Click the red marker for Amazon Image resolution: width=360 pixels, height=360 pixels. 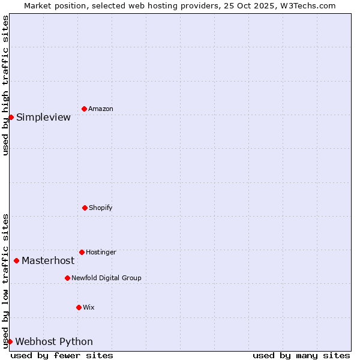tap(84, 109)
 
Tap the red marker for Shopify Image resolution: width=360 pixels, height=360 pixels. tap(85, 208)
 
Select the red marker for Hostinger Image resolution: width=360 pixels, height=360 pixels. tap(82, 252)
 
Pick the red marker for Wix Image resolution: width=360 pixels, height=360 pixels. tap(79, 307)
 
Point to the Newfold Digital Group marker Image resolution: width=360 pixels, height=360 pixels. tap(67, 278)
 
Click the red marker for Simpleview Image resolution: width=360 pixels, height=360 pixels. tap(11, 117)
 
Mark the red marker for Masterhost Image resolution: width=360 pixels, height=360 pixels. tap(16, 260)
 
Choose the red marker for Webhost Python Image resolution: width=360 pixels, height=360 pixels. tap(10, 341)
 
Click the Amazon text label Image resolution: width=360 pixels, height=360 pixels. tap(101, 109)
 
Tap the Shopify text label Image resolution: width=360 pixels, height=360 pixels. tap(101, 208)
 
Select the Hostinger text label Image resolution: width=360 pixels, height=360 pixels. tap(101, 253)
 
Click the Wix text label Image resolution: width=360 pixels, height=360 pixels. tap(89, 308)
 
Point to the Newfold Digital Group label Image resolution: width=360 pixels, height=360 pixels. tap(106, 278)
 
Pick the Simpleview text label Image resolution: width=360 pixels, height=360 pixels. tap(43, 118)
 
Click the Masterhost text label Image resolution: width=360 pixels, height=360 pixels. tap(48, 261)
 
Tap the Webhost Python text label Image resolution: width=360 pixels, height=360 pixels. tap(54, 342)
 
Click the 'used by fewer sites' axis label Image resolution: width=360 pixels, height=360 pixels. tap(62, 356)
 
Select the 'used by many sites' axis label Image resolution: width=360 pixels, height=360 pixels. tap(301, 356)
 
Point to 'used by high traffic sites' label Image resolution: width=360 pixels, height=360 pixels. tap(6, 85)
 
